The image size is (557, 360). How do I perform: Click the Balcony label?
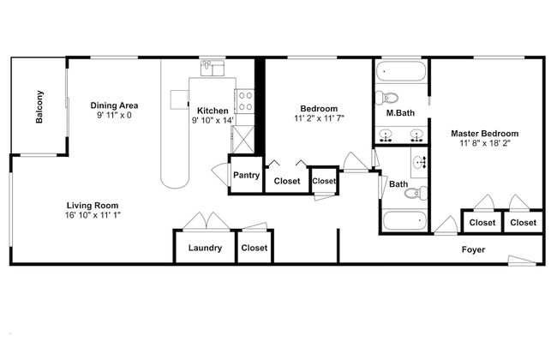pos(39,107)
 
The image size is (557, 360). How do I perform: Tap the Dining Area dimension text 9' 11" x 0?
pos(114,115)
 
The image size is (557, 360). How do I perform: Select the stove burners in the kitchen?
pos(245,101)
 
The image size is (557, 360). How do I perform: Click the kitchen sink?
pos(213,68)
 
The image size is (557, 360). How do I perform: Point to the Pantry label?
pos(246,175)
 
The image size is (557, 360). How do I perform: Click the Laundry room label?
pos(205,248)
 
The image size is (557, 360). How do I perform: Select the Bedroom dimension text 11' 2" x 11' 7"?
pos(320,118)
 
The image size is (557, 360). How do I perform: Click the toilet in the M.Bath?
pos(386,97)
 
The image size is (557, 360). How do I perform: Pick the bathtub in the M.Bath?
pos(401,71)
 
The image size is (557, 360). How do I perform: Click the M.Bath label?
pos(400,113)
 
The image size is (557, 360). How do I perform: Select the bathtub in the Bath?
pos(404,220)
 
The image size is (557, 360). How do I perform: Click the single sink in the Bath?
pos(420,162)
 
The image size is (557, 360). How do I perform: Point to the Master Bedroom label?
pos(484,134)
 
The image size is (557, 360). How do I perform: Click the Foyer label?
pos(473,249)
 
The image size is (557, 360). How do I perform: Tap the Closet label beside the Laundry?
pos(255,248)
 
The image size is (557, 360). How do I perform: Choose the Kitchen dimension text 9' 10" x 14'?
pos(213,121)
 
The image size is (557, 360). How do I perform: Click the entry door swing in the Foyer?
pos(522,261)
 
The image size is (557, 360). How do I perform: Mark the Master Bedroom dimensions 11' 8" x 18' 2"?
pos(485,143)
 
